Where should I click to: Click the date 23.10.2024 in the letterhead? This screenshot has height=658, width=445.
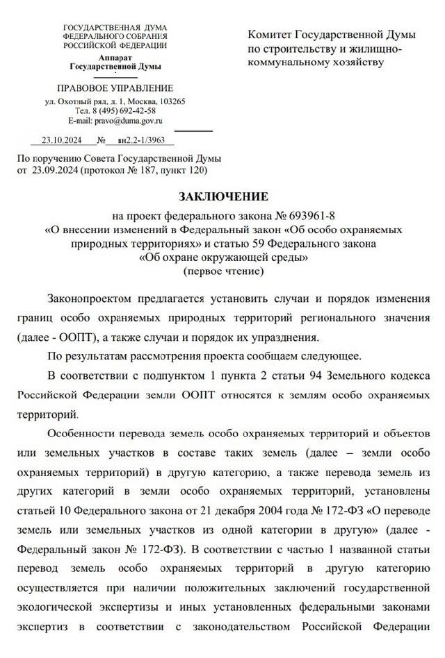[62, 140]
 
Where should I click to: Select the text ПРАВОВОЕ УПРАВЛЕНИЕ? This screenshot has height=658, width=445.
[115, 88]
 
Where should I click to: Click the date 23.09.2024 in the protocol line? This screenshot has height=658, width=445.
[54, 169]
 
